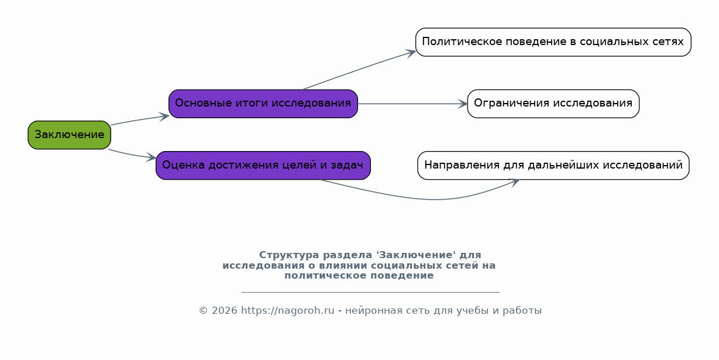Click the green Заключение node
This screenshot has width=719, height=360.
coord(70,135)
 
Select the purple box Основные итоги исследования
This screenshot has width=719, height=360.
coord(263,104)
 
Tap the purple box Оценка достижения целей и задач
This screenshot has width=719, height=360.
coord(263,166)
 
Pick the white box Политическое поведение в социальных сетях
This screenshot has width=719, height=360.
coord(553,42)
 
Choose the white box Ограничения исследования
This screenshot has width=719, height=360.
coord(553,104)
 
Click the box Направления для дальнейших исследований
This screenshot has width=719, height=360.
coord(553,166)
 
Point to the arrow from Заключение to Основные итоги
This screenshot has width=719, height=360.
coord(140,120)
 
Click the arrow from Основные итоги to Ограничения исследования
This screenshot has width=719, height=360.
coord(412,104)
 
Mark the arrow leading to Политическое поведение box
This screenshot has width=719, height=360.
coord(359,69)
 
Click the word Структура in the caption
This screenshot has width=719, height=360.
coord(289,255)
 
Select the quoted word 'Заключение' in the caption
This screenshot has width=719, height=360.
coord(416,255)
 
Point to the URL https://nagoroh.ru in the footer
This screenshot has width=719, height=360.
coord(288,311)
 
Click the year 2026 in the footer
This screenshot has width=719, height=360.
coord(225,311)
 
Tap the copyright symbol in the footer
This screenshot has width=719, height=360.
coord(204,311)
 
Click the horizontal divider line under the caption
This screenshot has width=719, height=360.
coord(370,292)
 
